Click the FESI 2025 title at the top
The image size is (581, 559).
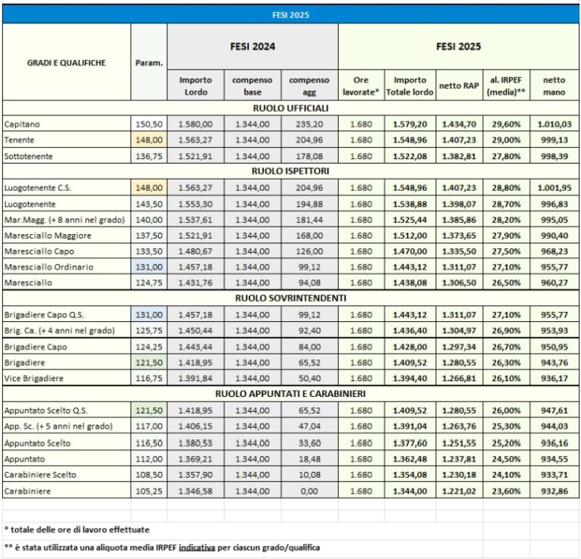click(290, 14)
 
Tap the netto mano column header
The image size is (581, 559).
click(555, 85)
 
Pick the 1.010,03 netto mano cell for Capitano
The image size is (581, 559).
click(555, 123)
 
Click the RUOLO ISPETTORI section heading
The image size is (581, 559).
click(290, 170)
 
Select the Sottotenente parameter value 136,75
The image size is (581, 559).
click(149, 155)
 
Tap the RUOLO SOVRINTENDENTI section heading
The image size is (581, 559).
click(290, 298)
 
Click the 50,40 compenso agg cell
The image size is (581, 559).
click(309, 378)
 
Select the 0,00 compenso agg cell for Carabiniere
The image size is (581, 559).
click(309, 491)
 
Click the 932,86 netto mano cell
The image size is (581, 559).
click(555, 491)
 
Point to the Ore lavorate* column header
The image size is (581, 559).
click(361, 85)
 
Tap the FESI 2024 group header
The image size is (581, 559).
click(253, 46)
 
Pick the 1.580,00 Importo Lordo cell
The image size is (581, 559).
click(195, 123)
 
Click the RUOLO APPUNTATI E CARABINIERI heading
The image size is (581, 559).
click(290, 394)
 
